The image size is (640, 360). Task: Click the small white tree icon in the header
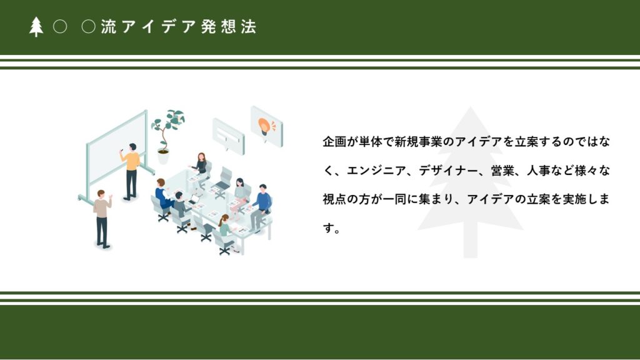pos(36,27)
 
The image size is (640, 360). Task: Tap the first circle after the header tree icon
pos(60,27)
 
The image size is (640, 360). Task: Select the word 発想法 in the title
pos(229,27)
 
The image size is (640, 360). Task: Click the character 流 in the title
pos(109,27)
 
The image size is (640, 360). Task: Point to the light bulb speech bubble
pos(266,126)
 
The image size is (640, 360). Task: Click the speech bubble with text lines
pos(229,136)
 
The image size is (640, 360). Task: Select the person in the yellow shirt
pos(131,171)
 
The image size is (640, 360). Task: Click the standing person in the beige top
pos(102,219)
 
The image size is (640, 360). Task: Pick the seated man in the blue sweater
pos(261,206)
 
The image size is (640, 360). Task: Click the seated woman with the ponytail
pos(226,231)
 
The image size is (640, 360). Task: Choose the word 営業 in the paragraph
pos(502,171)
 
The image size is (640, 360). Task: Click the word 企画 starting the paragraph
pos(334,142)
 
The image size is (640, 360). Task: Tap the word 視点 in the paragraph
pos(334,199)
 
